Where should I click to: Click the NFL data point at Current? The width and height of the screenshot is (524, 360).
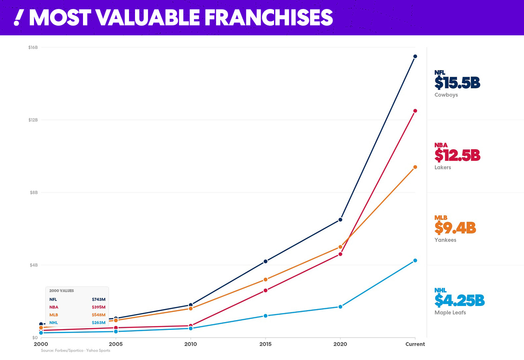tap(415, 56)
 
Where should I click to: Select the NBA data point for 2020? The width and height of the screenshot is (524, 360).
tap(340, 254)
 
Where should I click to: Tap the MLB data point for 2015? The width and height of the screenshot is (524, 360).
tap(266, 280)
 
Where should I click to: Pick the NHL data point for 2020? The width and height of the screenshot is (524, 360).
tap(340, 307)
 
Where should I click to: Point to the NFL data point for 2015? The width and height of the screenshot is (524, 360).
tap(266, 261)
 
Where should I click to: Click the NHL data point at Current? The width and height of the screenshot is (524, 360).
tap(415, 261)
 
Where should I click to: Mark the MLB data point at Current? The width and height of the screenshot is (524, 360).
tap(415, 167)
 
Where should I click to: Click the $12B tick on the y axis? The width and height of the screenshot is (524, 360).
tap(33, 120)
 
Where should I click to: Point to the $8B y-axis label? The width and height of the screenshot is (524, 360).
tap(34, 193)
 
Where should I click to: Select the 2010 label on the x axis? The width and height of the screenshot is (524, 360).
tap(190, 344)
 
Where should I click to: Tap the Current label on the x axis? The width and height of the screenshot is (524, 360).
tap(415, 344)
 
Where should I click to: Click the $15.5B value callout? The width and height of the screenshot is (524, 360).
tap(457, 83)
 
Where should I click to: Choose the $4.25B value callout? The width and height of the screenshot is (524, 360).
tap(459, 301)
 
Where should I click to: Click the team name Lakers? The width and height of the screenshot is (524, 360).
tap(443, 167)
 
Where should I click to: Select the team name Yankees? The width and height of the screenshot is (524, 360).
tap(445, 240)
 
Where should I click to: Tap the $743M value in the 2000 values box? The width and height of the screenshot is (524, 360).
tap(98, 299)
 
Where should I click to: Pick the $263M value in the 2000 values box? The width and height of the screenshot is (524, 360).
tap(98, 323)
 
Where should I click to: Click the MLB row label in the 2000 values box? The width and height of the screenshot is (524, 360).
tap(54, 315)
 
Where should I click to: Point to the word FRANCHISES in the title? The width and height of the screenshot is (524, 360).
tap(269, 18)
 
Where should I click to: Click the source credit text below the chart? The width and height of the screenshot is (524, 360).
tap(75, 350)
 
